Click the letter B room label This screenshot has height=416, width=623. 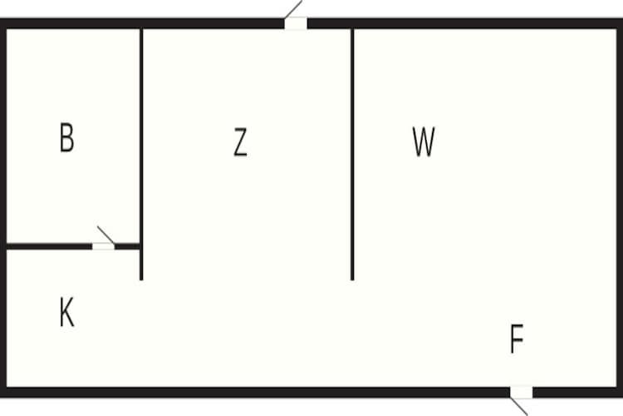click(67, 138)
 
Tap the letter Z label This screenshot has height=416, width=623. click(240, 143)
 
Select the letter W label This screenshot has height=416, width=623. click(424, 143)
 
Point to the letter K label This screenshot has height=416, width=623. click(67, 314)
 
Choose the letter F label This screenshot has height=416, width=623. click(517, 339)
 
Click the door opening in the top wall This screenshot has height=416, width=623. click(296, 23)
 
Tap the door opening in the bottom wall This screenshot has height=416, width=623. click(521, 392)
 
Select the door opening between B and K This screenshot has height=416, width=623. click(103, 246)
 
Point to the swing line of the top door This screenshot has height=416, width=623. click(294, 8)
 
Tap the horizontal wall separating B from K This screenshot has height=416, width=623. click(50, 246)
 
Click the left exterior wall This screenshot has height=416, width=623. click(3, 208)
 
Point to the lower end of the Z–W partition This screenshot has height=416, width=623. click(352, 277)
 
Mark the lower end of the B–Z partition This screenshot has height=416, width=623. click(141, 277)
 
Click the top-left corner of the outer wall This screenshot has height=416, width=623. click(4, 23)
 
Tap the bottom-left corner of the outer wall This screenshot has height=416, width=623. click(4, 392)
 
